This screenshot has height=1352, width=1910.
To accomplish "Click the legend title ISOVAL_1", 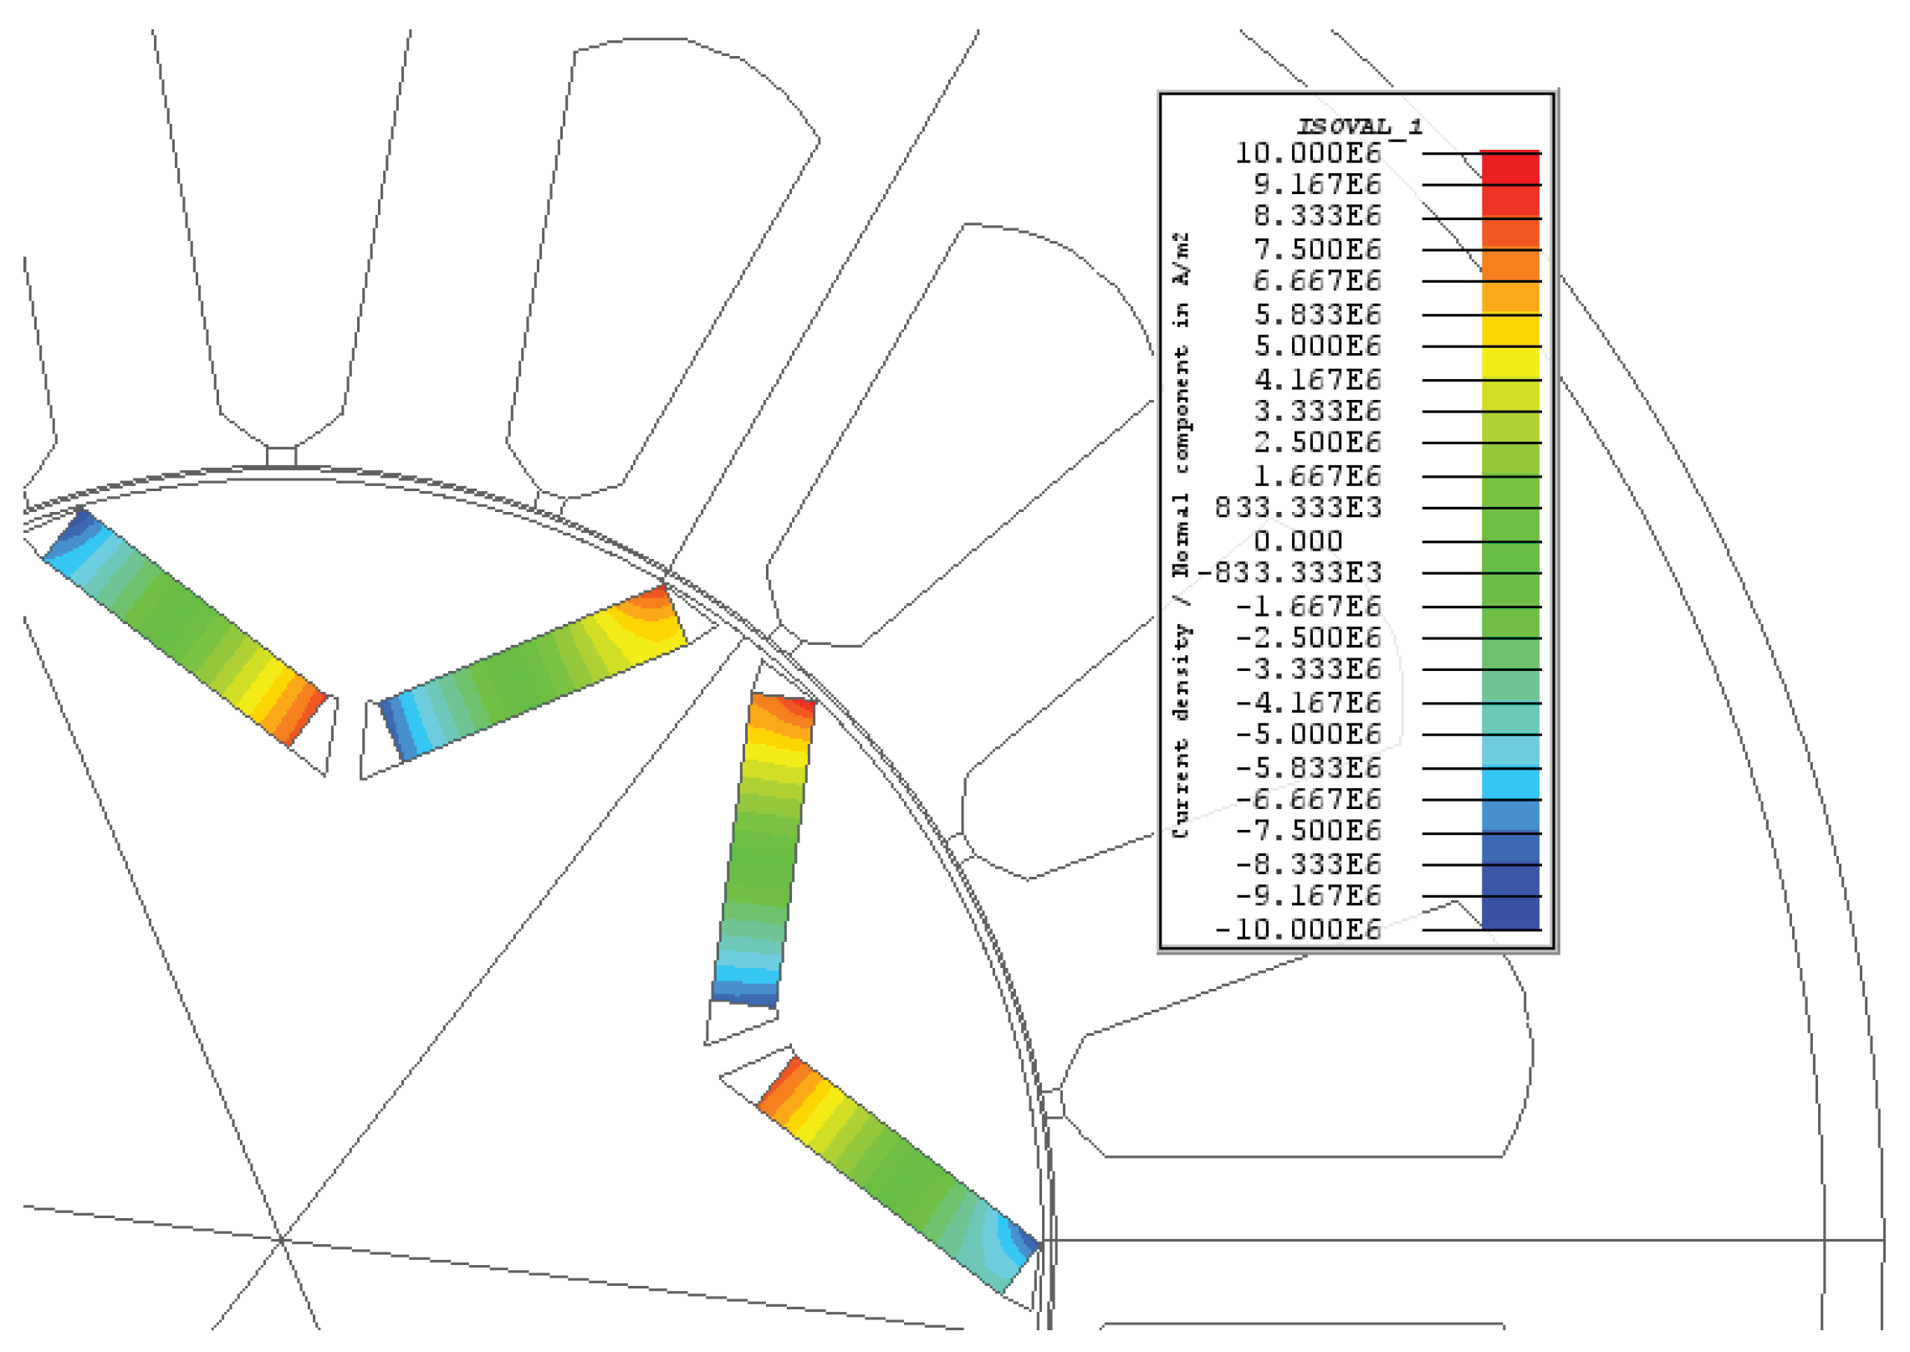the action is [1358, 127].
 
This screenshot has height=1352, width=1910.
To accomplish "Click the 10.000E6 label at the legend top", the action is [1308, 153].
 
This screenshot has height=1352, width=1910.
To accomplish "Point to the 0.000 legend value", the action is [1298, 541].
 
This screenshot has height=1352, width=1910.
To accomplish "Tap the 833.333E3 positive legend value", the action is [1298, 507].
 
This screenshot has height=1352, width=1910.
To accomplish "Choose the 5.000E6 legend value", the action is [1317, 346].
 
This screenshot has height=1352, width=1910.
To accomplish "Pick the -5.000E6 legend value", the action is [1308, 734].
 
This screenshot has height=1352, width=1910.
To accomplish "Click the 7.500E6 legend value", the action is [1317, 249].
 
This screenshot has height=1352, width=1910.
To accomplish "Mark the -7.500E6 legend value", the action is [1308, 831].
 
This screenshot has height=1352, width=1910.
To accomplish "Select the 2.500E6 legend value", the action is [1317, 442].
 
